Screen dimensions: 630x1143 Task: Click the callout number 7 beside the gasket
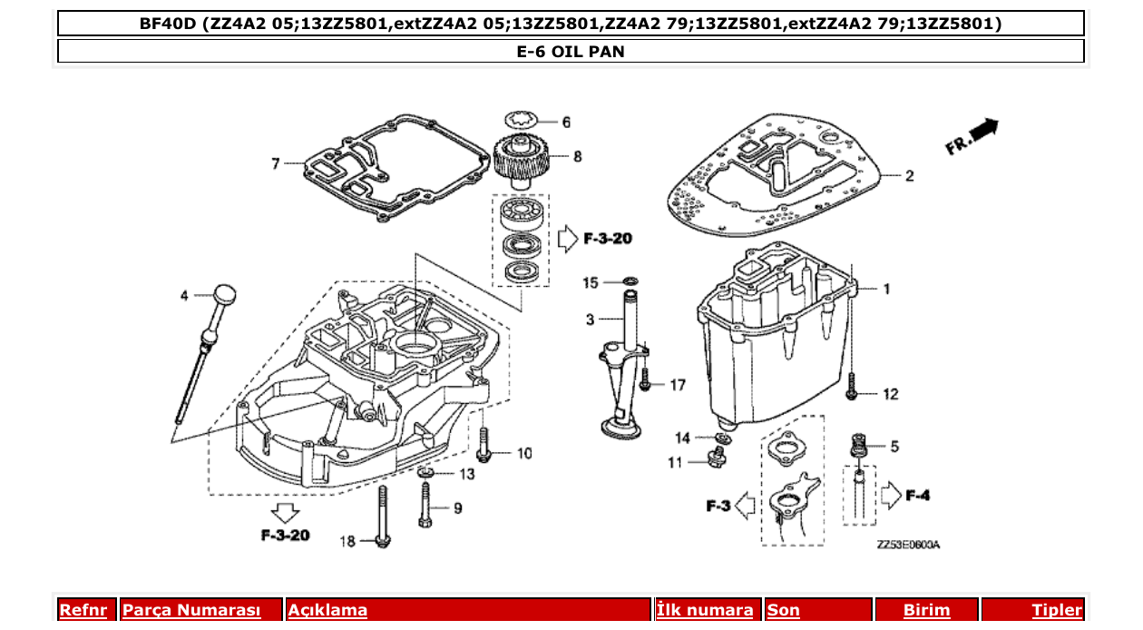275,163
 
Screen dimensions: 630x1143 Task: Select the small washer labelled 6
522,120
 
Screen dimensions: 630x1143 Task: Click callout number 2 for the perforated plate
909,176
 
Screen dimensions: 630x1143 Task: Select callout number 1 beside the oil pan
886,289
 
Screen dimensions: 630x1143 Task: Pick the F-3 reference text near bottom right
718,506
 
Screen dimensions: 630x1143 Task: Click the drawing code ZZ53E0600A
907,545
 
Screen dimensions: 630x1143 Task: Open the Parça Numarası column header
191,610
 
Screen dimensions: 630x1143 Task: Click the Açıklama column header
327,610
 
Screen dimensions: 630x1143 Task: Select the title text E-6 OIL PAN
571,52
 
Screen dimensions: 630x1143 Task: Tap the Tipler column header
1056,610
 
